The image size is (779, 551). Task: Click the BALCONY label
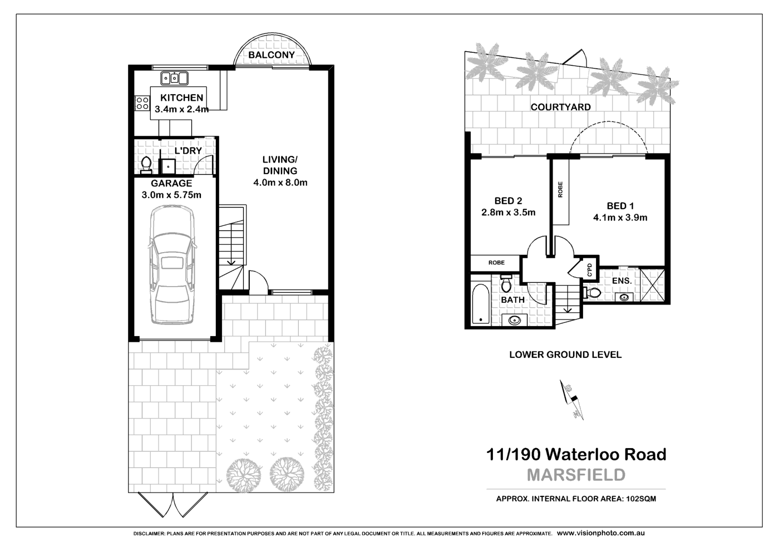click(271, 55)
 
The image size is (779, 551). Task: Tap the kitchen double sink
click(174, 78)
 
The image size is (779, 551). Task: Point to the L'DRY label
click(188, 151)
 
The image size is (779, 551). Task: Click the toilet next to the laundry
click(146, 165)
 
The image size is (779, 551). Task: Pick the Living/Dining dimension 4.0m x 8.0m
click(280, 183)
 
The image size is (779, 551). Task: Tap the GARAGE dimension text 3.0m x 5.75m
click(171, 195)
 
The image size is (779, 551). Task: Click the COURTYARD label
click(560, 107)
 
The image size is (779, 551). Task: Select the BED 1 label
click(620, 206)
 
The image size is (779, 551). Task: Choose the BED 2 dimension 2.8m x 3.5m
click(508, 213)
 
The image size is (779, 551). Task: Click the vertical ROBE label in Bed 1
click(560, 189)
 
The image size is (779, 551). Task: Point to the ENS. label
click(622, 281)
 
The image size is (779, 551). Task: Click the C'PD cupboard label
click(590, 269)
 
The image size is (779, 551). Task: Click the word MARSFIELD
click(576, 475)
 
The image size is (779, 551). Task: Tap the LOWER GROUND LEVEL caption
click(565, 355)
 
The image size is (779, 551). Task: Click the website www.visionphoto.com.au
click(601, 533)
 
